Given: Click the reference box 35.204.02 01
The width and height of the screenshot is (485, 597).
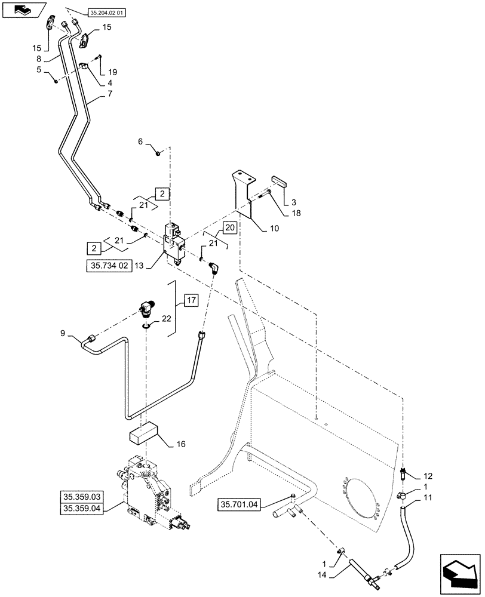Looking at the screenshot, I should point(108,12).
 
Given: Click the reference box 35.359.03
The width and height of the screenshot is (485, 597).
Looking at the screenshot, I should point(81,497).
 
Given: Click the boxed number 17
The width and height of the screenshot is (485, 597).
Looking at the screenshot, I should point(190,301).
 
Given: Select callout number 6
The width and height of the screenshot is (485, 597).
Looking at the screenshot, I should point(142,141).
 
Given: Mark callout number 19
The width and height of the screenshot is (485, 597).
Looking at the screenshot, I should point(112,72).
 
